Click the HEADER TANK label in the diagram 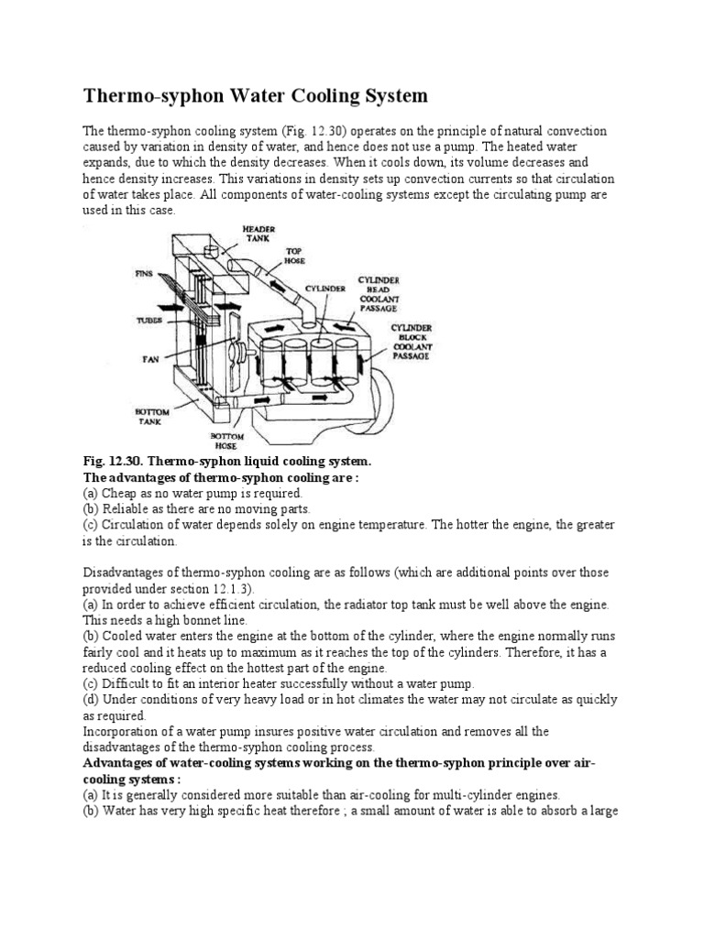click(258, 234)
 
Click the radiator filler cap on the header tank click(210, 250)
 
